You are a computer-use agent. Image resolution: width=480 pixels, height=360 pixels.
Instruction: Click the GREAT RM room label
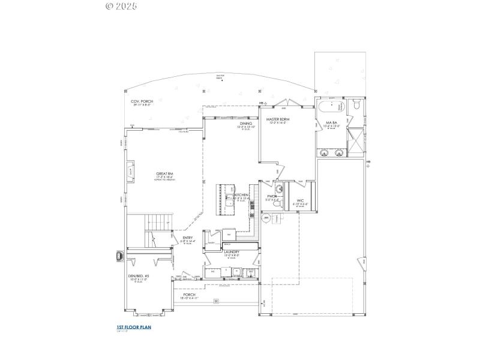165,174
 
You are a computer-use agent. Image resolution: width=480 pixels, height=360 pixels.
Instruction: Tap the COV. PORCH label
142,101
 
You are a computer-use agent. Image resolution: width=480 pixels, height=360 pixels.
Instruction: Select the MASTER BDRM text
278,119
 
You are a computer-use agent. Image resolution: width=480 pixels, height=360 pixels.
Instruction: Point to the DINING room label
245,123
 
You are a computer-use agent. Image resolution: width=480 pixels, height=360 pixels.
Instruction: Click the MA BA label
323,122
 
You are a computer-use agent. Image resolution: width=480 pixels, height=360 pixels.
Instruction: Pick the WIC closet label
299,201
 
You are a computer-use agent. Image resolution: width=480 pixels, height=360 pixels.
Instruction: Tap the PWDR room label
272,196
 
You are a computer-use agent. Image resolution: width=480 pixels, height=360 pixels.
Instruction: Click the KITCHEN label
241,196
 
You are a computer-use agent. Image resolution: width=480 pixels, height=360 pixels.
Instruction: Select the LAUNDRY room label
232,252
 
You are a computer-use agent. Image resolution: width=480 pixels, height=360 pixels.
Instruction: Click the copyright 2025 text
121,6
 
